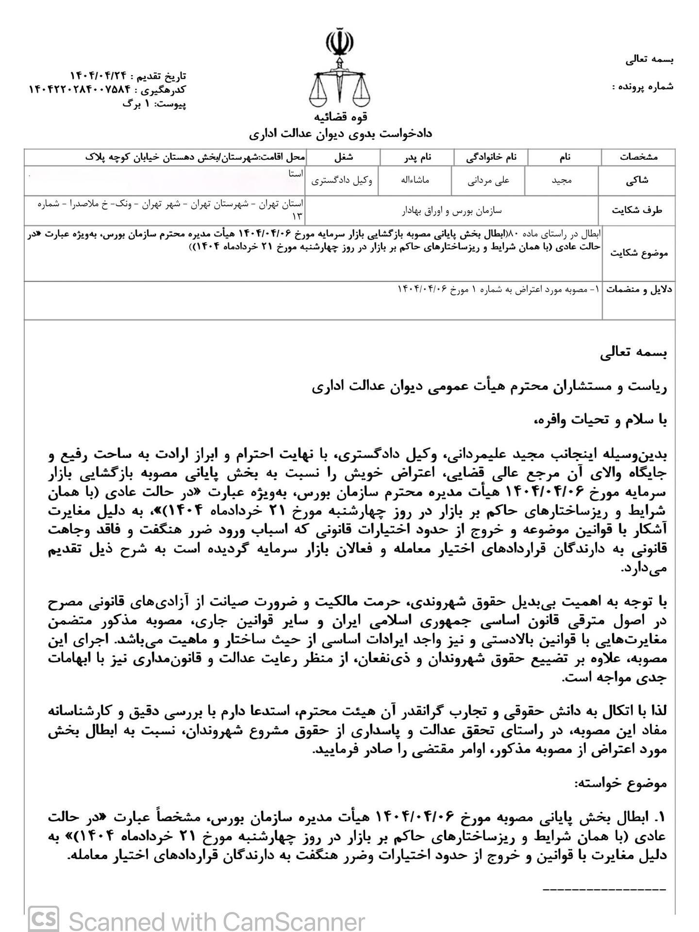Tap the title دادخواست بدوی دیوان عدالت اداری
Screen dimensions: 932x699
[340, 133]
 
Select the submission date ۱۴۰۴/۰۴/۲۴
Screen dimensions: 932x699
[99, 76]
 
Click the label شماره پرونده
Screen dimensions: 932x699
[643, 87]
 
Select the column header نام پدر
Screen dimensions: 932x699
[416, 157]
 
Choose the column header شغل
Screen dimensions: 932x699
[343, 157]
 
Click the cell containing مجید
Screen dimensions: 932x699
[562, 181]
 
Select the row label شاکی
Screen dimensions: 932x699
[638, 181]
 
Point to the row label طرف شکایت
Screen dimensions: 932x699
[637, 211]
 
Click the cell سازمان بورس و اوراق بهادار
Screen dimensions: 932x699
[451, 211]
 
